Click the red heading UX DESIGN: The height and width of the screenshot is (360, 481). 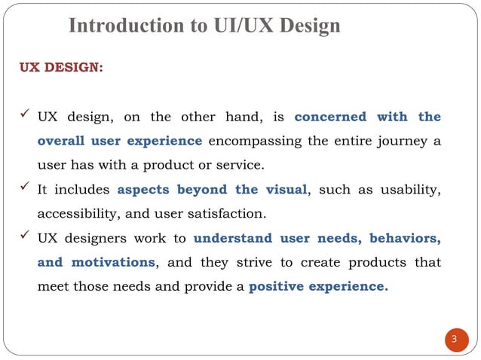point(61,67)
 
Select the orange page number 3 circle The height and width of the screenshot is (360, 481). point(454,339)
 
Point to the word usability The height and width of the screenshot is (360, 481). point(412,190)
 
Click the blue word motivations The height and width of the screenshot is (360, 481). point(113,263)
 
